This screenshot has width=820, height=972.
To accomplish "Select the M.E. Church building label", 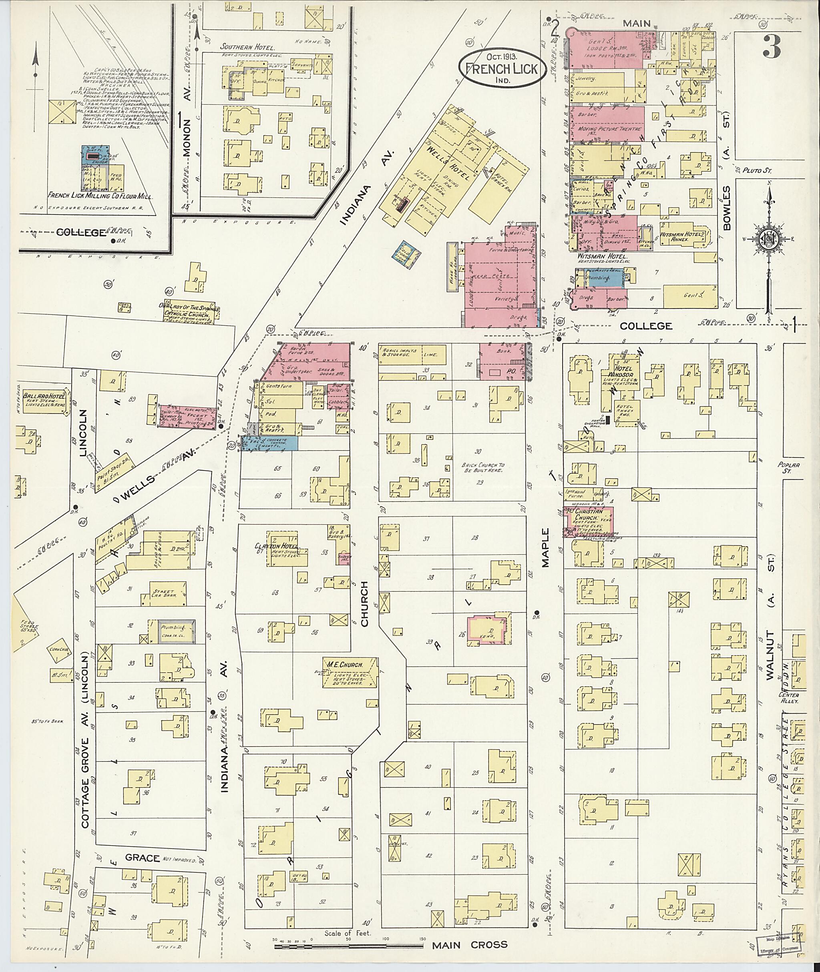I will tap(345, 663).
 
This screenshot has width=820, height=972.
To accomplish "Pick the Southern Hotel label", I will tap(247, 47).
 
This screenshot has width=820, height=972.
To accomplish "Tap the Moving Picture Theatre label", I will tap(609, 129).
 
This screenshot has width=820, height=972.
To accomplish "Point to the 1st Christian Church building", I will tap(589, 521).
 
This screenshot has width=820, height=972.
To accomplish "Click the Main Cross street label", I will tap(470, 944).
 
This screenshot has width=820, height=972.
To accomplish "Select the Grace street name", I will tap(142, 858).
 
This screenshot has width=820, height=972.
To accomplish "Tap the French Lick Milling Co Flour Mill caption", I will tap(101, 196).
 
